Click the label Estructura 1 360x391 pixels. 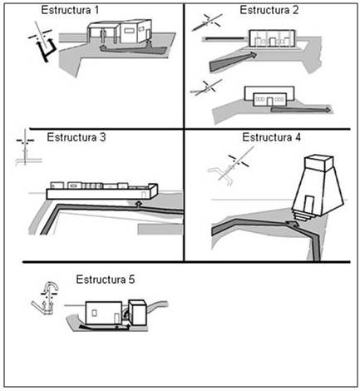click(x=70, y=10)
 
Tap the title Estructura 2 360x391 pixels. click(x=269, y=10)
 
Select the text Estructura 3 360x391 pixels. click(x=76, y=137)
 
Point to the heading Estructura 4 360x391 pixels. click(x=271, y=137)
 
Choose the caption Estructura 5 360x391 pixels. click(x=106, y=280)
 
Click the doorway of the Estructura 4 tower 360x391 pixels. click(x=309, y=204)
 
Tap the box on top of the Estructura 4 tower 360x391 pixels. click(x=318, y=164)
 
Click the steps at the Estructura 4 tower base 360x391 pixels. click(x=303, y=216)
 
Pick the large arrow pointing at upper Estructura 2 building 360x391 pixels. click(x=233, y=61)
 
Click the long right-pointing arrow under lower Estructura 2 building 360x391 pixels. click(x=301, y=110)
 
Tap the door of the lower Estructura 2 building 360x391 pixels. click(x=269, y=101)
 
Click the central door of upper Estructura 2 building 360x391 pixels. click(x=273, y=42)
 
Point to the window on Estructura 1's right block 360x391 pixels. click(x=129, y=30)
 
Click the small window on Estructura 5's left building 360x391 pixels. click(x=94, y=313)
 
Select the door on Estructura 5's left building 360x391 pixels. click(x=117, y=319)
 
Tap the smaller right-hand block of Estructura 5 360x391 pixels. click(x=139, y=313)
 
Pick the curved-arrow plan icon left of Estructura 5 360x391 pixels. click(x=46, y=298)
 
